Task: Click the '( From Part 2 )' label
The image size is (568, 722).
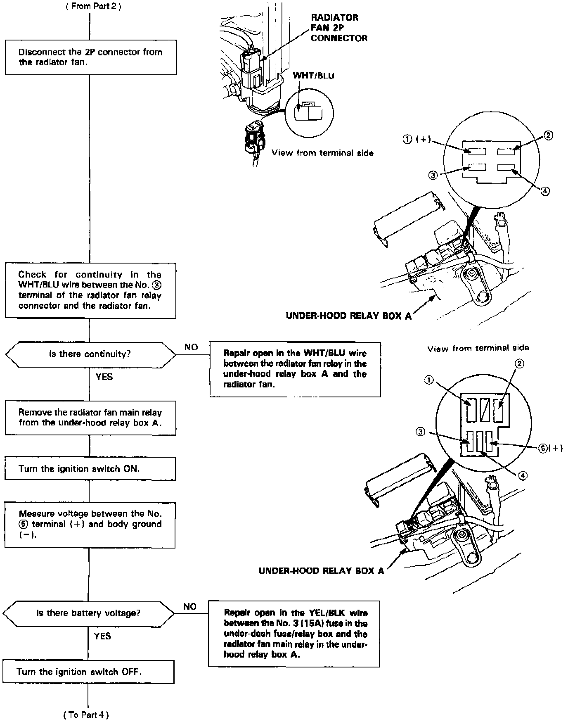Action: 94,7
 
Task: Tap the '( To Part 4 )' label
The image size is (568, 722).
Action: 86,715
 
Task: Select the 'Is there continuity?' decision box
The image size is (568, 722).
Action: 90,354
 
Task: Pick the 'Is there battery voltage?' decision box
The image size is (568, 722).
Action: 88,613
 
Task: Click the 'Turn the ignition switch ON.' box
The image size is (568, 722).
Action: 90,468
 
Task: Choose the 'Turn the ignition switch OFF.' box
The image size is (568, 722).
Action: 88,672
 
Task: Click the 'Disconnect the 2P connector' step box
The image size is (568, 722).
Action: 91,57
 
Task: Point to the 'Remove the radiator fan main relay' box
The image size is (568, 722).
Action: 90,418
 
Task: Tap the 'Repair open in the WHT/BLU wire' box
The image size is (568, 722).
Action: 295,369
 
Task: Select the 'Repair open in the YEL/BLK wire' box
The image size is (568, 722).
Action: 293,634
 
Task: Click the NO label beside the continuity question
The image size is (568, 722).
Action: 191,347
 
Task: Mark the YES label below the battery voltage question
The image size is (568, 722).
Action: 102,636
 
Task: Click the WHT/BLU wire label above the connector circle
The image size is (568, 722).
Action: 313,76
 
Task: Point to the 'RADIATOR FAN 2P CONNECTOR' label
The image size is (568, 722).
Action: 338,28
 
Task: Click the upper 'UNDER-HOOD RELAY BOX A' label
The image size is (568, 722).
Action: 349,316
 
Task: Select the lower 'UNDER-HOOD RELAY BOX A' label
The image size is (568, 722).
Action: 321,571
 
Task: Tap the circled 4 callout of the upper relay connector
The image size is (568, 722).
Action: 545,191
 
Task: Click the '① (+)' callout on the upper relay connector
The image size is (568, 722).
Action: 417,140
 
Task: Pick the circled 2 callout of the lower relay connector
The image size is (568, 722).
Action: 519,363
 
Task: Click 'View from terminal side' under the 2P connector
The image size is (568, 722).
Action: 322,153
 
